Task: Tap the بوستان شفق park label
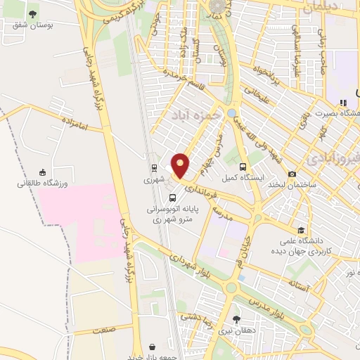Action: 32,25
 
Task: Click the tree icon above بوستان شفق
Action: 32,13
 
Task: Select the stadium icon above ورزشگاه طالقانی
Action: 43,172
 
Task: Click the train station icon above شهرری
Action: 153,167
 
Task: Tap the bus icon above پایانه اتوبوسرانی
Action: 173,198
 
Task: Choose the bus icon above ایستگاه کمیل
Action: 243,167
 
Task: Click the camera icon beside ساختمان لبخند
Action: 292,174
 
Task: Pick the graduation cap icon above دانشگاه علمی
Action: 301,230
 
